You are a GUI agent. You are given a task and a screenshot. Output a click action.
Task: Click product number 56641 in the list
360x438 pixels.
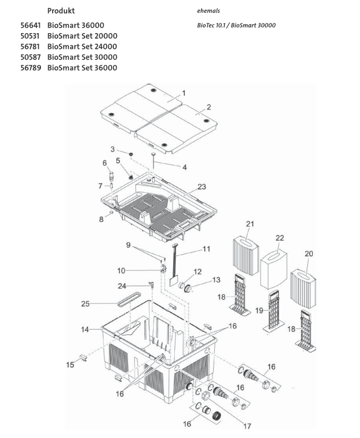tap(22, 25)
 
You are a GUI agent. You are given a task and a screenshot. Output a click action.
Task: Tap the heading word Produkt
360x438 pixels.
tap(61, 11)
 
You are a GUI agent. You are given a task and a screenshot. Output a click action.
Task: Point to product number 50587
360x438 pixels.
tap(22, 57)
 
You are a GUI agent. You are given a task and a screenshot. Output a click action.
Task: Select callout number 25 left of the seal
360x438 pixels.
tap(86, 304)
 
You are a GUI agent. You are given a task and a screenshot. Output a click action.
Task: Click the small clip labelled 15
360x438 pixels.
tap(84, 357)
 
